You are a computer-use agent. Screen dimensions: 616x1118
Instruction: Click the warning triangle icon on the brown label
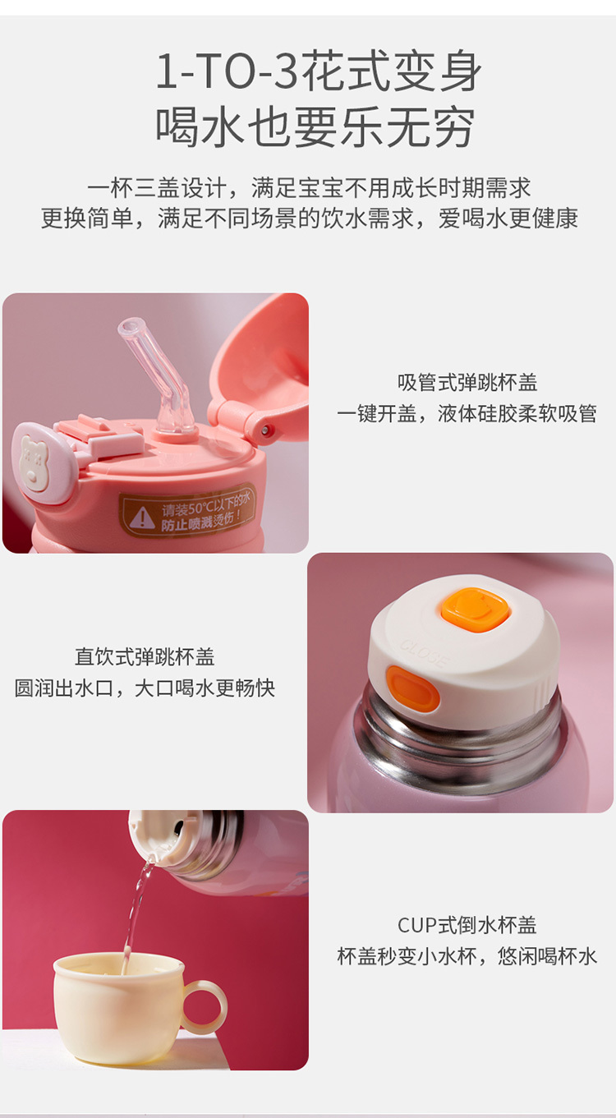tap(142, 517)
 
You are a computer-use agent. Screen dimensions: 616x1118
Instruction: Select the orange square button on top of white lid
tap(474, 610)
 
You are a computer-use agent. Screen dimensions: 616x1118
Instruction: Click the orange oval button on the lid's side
tap(411, 690)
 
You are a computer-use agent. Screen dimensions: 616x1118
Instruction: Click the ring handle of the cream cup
tap(205, 1005)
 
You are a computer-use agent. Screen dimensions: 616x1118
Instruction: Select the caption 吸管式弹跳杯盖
tap(467, 383)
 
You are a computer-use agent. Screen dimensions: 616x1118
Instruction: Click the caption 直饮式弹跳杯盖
tap(145, 657)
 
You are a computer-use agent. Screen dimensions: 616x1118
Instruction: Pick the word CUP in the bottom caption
tap(417, 926)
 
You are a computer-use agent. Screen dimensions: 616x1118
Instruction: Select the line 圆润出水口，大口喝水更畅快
tap(145, 688)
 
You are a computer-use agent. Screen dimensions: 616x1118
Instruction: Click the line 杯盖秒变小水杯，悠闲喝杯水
tap(467, 957)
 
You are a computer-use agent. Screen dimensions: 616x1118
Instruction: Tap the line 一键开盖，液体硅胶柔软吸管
tap(467, 414)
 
